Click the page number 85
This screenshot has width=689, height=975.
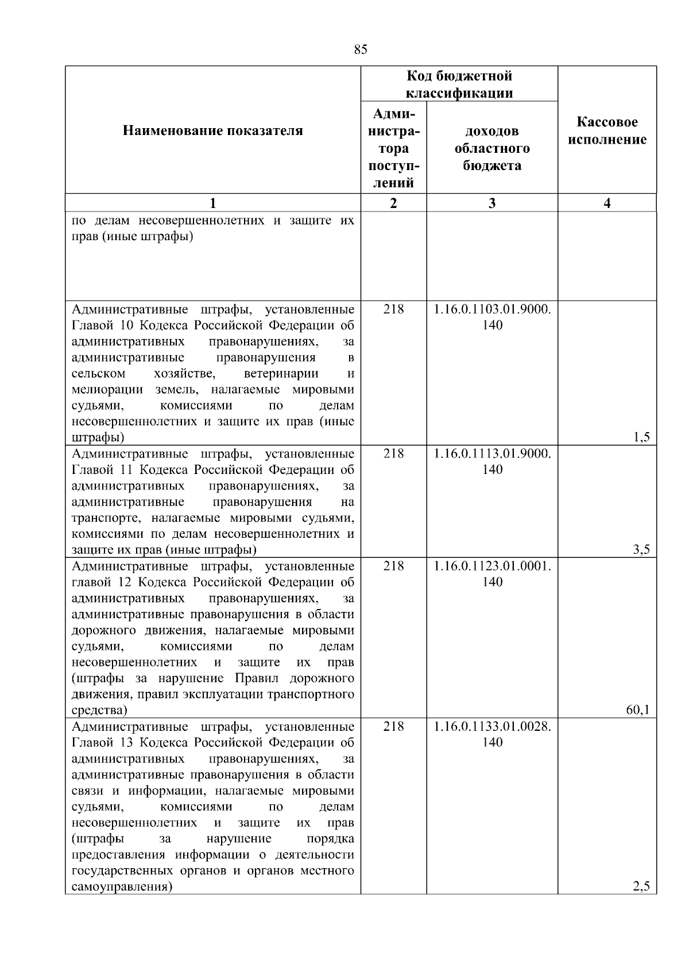(x=361, y=49)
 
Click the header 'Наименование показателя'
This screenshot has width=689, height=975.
(x=212, y=131)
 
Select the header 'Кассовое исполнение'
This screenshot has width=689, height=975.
(x=607, y=131)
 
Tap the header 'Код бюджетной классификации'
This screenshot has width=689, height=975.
(x=459, y=84)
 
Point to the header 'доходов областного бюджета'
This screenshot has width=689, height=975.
(x=492, y=148)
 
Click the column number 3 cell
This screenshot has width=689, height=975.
(x=492, y=203)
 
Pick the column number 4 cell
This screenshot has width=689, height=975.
(x=607, y=203)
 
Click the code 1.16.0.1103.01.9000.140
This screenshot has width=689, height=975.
(x=492, y=317)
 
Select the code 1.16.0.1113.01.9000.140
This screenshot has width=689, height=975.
(x=492, y=461)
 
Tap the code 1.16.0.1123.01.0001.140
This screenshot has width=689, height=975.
(x=492, y=574)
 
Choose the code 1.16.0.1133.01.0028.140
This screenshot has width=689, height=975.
(x=492, y=734)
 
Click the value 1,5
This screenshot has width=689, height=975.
(x=641, y=438)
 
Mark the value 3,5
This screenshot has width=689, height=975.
(x=641, y=550)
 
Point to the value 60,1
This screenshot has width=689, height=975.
(x=637, y=710)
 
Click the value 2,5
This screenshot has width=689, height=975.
(x=641, y=887)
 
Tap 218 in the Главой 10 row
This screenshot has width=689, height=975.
(x=393, y=309)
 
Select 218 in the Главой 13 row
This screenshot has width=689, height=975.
(x=393, y=726)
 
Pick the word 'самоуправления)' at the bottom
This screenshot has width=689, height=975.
(x=122, y=887)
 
